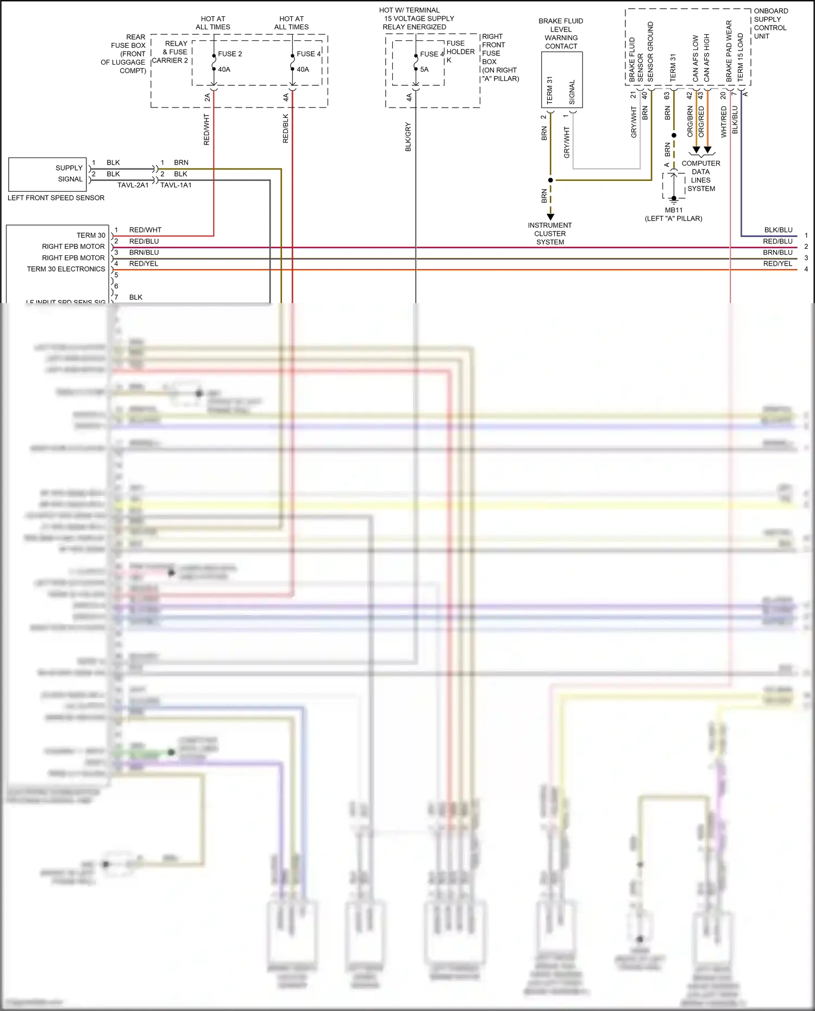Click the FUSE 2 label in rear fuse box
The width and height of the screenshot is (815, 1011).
coord(230,54)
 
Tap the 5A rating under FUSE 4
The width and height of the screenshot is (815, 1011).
coord(424,70)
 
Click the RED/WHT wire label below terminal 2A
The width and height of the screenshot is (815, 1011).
coord(206,129)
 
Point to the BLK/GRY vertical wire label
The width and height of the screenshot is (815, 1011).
coord(408,137)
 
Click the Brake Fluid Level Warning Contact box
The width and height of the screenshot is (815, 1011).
coord(562,80)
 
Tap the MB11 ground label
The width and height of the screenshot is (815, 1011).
coord(673,210)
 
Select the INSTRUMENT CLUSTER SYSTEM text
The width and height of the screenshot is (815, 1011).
coord(550,234)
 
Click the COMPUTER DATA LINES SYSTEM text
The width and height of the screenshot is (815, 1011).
coord(701,176)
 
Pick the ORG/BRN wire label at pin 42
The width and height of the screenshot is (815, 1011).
coord(689,121)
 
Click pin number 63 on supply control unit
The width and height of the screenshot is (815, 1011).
coord(667,95)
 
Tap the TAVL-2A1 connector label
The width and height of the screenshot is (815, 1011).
coord(133,185)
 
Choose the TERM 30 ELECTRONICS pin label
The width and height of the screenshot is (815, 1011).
coord(66,269)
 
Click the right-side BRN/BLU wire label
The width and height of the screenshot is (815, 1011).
coord(778,253)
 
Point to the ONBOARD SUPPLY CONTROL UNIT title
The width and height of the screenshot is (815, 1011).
coord(770,23)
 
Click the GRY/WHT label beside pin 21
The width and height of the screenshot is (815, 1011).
coord(634,122)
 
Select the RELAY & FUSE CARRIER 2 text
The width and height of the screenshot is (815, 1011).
coord(171,52)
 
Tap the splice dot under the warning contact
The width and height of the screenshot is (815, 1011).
coord(550,180)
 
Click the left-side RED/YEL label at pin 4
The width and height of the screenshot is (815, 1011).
coord(143,264)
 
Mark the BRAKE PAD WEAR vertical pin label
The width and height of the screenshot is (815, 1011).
coord(729,52)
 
